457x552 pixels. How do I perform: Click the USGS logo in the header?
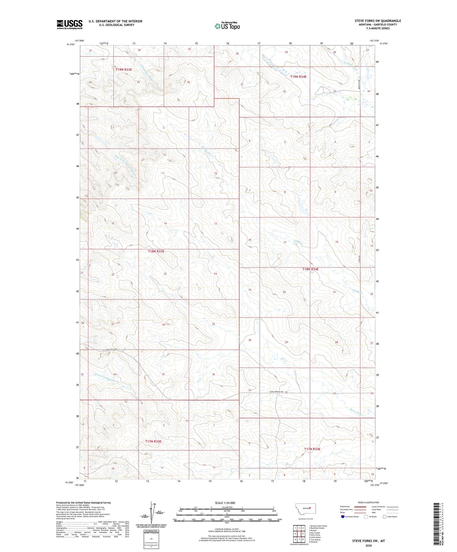coord(70,24)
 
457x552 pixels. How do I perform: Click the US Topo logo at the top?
coord(227,26)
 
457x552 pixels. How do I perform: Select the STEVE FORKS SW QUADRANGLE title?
coord(378,21)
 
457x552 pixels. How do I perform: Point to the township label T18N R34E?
coord(310,269)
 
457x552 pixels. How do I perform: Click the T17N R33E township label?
coord(153,441)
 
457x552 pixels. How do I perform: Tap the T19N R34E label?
coord(298,77)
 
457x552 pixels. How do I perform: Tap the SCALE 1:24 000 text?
coord(225,503)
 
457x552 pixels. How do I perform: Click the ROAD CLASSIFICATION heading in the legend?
coord(368,502)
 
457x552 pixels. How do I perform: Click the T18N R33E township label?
coord(156,251)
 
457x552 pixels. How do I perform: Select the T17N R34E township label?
coord(312,449)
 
